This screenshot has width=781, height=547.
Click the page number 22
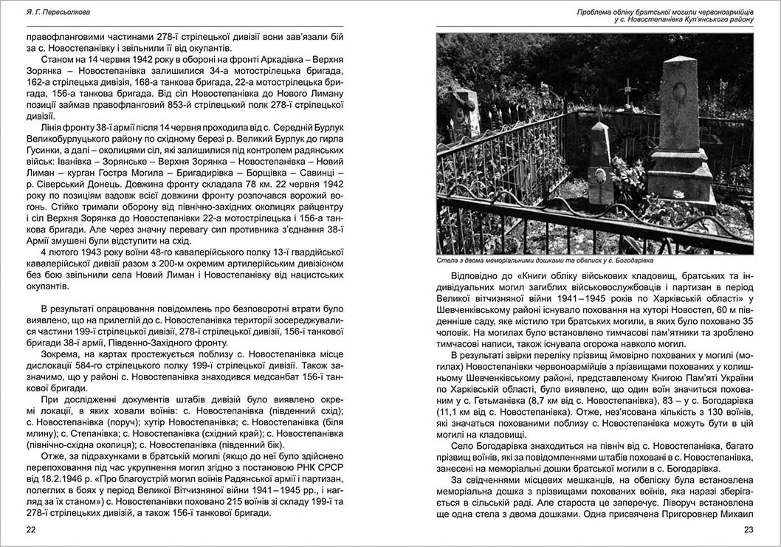31,529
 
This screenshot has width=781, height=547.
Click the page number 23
749,529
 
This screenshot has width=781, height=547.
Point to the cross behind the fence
628,91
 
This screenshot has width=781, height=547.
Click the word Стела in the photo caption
448,261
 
